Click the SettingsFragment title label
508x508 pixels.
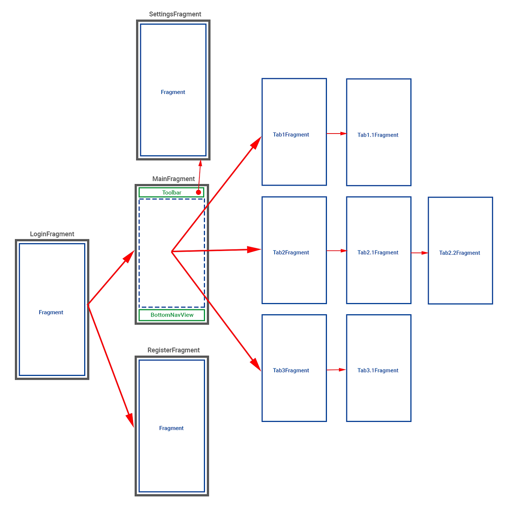[x=175, y=14]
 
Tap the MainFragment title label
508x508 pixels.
[x=174, y=179]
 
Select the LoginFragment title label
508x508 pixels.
[x=52, y=234]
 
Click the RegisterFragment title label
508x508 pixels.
[x=174, y=350]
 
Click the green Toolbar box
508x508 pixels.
[x=172, y=193]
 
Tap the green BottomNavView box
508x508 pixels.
[x=172, y=315]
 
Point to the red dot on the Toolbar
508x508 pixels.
[x=199, y=192]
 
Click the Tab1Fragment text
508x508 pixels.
[x=291, y=135]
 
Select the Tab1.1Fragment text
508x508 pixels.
[x=378, y=135]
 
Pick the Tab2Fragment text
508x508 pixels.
[x=291, y=253]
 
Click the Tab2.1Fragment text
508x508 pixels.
[x=378, y=253]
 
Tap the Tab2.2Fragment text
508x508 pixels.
[x=459, y=253]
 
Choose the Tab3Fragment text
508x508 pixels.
[x=291, y=370]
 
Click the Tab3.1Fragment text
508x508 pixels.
[x=378, y=370]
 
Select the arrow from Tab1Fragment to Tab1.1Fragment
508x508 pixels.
[x=337, y=133]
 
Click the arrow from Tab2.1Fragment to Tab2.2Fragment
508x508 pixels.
[x=420, y=253]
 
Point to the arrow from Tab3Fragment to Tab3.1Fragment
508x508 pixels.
[x=336, y=370]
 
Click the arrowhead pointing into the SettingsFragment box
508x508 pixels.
[x=201, y=163]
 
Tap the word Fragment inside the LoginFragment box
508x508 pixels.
[x=51, y=312]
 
